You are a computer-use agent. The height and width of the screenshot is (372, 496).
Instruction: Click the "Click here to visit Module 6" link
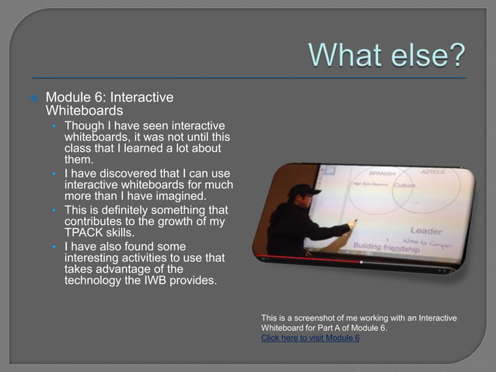pos(310,339)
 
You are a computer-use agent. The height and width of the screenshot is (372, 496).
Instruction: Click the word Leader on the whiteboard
pos(426,231)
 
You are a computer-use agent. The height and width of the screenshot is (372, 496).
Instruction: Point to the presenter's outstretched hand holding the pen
pos(351,225)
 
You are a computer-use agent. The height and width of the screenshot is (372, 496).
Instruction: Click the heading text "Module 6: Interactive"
pos(109,98)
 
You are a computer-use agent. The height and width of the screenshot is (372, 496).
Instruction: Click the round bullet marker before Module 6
pos(34,99)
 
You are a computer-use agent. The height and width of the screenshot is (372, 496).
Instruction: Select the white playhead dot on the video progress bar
pos(362,262)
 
